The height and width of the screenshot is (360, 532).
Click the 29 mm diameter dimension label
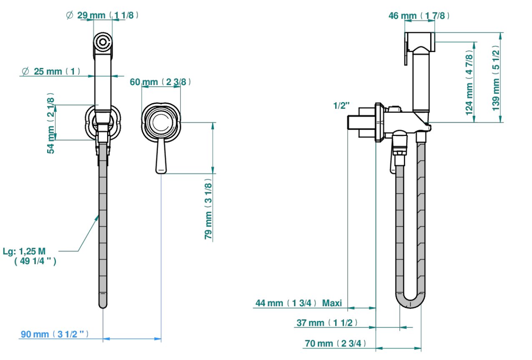click(x=102, y=15)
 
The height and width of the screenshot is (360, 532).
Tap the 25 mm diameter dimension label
click(x=51, y=71)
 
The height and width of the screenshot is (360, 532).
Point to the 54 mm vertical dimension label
click(x=51, y=123)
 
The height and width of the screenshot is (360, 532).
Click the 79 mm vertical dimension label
click(x=208, y=209)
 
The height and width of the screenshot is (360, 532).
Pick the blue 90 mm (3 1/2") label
click(x=55, y=334)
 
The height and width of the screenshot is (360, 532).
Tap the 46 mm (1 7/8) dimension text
click(x=419, y=16)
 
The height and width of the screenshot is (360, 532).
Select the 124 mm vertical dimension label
click(x=469, y=83)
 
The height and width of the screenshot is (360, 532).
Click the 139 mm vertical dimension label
click(x=496, y=78)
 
